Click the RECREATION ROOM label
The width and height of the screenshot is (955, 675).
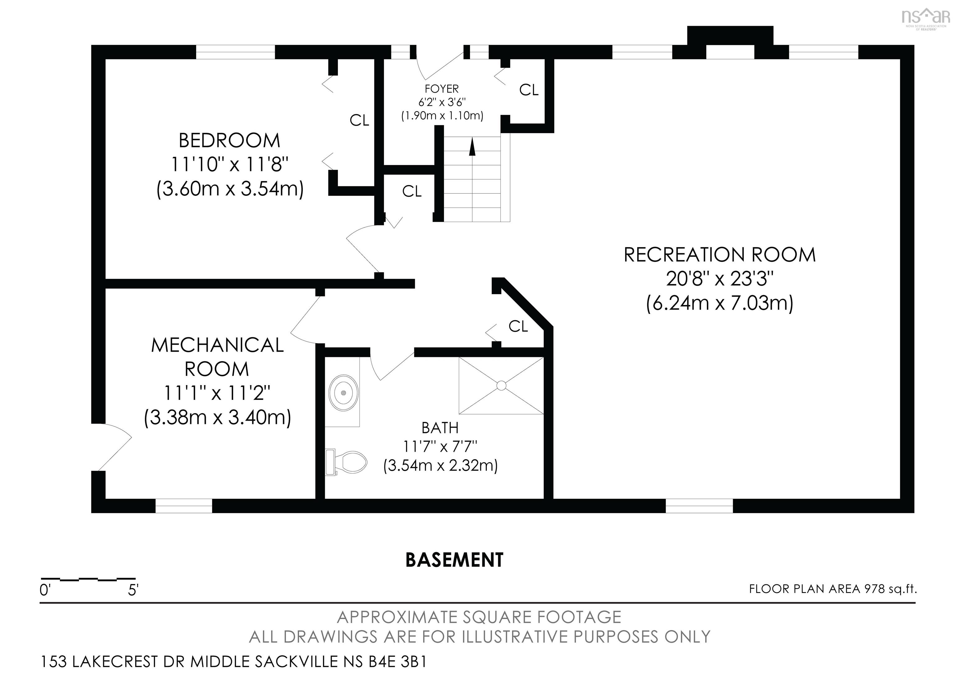pos(720,255)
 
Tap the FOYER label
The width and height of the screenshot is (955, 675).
pos(442,89)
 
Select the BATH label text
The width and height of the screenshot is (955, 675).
pos(440,428)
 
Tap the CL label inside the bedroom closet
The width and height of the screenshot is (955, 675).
pos(359,121)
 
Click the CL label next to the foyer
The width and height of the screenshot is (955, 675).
pos(529,90)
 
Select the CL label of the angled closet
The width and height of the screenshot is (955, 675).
pos(518,326)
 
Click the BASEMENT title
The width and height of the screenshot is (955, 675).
pos(454,560)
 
